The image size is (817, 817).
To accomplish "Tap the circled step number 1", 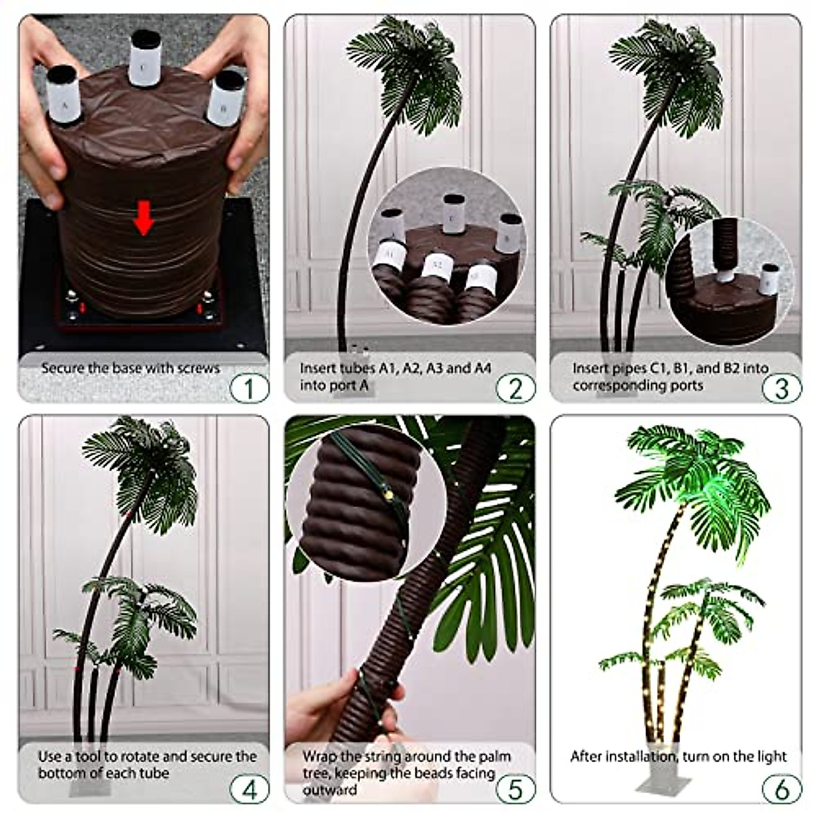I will pyautogui.click(x=249, y=389).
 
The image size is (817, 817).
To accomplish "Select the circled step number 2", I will pyautogui.click(x=515, y=389).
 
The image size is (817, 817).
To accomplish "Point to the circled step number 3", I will pyautogui.click(x=782, y=389).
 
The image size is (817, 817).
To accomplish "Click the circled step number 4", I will pyautogui.click(x=249, y=790).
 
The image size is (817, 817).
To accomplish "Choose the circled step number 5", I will pyautogui.click(x=515, y=790).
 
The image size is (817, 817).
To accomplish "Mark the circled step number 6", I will pyautogui.click(x=782, y=790).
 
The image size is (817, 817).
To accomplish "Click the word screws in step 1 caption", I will pyautogui.click(x=198, y=368).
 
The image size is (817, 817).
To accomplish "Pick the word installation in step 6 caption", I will pyautogui.click(x=638, y=756).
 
